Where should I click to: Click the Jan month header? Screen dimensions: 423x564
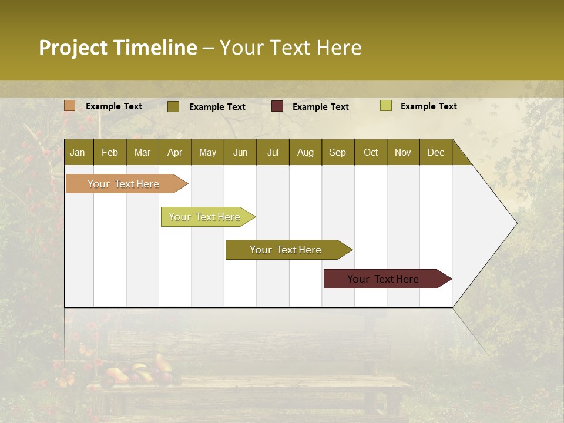[x=78, y=152]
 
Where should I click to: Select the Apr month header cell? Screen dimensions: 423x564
[x=175, y=152]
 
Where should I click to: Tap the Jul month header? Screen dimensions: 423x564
[x=273, y=152]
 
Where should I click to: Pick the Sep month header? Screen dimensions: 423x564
[x=338, y=152]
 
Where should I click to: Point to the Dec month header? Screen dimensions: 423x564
[x=435, y=152]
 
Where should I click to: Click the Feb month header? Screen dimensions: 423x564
[x=110, y=152]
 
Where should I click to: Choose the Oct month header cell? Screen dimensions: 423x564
[x=371, y=152]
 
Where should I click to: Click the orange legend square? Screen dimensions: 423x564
[x=70, y=106]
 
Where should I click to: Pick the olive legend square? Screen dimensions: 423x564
[x=173, y=106]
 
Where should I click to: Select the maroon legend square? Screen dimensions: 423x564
[x=277, y=106]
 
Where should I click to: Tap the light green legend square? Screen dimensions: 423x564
[x=386, y=106]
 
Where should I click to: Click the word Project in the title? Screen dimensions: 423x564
[x=73, y=48]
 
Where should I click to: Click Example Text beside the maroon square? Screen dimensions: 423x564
[x=320, y=107]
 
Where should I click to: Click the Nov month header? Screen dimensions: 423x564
[x=403, y=152]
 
